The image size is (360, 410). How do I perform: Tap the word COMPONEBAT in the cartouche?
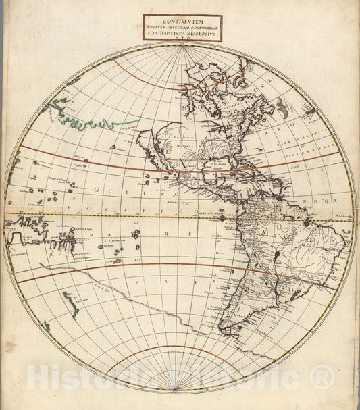[x=205, y=26]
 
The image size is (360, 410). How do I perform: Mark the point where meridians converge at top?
[x=180, y=46]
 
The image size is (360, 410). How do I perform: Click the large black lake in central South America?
[x=276, y=255]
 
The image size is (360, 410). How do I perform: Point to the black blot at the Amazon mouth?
[x=307, y=221]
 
